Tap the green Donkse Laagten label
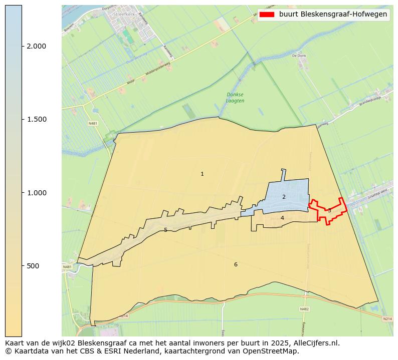point(235,97)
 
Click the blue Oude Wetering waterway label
point(136,56)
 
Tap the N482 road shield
point(305,309)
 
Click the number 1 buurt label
point(202,174)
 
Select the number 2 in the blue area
point(284,197)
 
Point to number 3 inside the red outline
point(329,211)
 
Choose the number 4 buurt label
point(282,218)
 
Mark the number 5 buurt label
point(165,230)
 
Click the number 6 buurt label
point(236,264)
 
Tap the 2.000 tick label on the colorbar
point(37,46)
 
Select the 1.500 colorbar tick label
point(37,119)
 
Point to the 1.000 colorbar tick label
point(37,193)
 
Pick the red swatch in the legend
point(267,15)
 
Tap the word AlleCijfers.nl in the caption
point(316,343)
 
